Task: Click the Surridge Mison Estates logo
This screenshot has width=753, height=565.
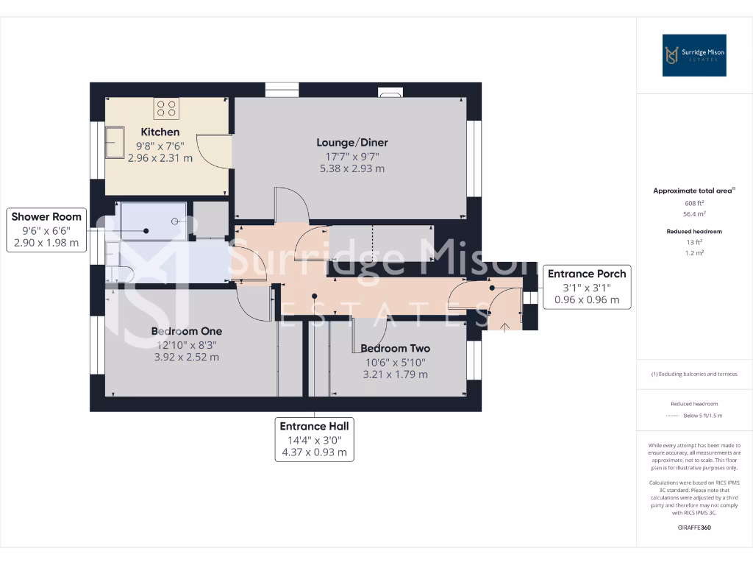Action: [x=694, y=55]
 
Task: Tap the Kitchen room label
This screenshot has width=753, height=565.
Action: [x=160, y=132]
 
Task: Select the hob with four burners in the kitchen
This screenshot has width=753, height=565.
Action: [x=166, y=109]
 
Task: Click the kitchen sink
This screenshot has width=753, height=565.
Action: [x=115, y=141]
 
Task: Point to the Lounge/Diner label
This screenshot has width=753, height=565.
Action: [x=352, y=143]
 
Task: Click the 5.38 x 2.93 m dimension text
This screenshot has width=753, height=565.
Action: [x=352, y=168]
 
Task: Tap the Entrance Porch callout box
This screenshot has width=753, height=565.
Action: [x=587, y=287]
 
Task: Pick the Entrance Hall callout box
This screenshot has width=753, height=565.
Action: [x=314, y=439]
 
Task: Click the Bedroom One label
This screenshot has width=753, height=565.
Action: [x=187, y=331]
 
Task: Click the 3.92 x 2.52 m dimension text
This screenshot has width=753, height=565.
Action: [x=187, y=358]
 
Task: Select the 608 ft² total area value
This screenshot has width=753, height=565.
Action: [x=695, y=202]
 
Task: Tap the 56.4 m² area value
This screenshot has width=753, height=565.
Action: [x=695, y=213]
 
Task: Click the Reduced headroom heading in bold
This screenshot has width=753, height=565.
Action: [x=695, y=232]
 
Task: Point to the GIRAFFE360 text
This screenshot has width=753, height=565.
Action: [x=695, y=527]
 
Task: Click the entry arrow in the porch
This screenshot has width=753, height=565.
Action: [x=504, y=324]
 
